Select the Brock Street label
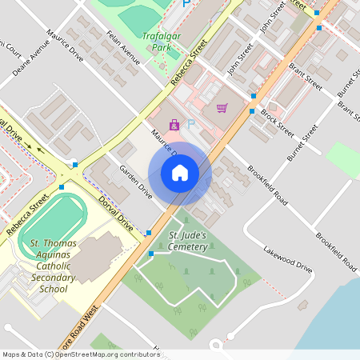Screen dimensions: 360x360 [x=276, y=123]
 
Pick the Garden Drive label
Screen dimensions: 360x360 [x=135, y=180]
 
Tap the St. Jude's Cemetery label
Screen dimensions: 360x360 [x=188, y=241]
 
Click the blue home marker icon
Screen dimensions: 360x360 [x=180, y=172]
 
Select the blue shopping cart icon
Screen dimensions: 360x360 [x=222, y=107]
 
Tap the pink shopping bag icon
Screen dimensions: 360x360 [x=174, y=124]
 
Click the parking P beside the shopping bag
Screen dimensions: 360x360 [x=190, y=123]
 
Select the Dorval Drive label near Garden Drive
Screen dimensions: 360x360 [x=115, y=211]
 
